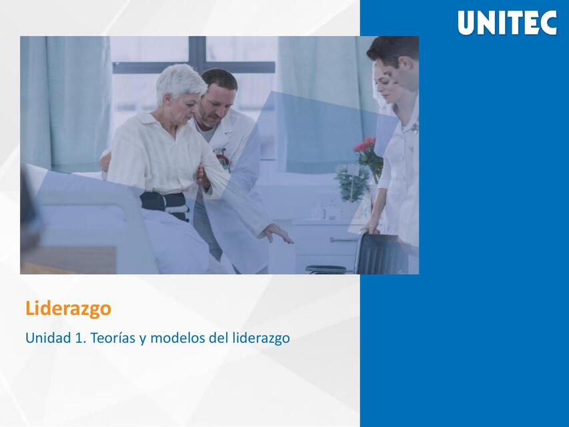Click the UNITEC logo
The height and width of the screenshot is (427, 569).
507,23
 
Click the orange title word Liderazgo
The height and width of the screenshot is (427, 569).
68,309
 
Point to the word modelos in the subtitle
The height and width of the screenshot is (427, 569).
177,338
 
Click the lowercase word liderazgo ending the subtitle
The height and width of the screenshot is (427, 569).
261,338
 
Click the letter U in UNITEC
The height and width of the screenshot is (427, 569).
466,23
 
